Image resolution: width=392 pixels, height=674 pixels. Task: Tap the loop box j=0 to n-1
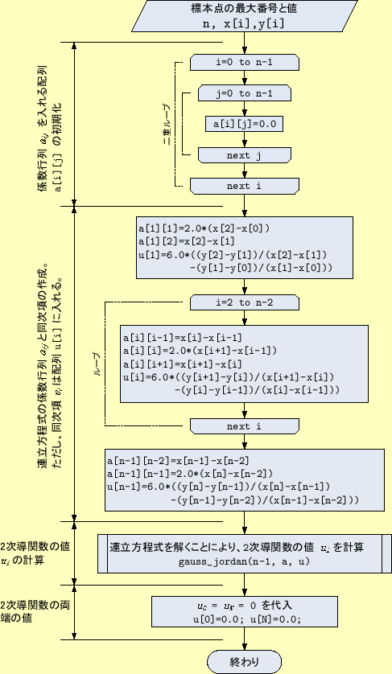[x=244, y=94]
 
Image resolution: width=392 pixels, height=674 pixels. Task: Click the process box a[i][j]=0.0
[x=244, y=124]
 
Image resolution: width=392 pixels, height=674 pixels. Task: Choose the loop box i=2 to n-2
[x=244, y=302]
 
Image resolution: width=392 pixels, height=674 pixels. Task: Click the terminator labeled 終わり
[x=244, y=661]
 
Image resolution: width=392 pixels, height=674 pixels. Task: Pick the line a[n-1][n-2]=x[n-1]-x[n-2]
[x=176, y=461]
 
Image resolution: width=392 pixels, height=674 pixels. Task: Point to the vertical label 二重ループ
[x=166, y=124]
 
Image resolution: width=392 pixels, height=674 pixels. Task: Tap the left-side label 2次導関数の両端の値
[x=31, y=612]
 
